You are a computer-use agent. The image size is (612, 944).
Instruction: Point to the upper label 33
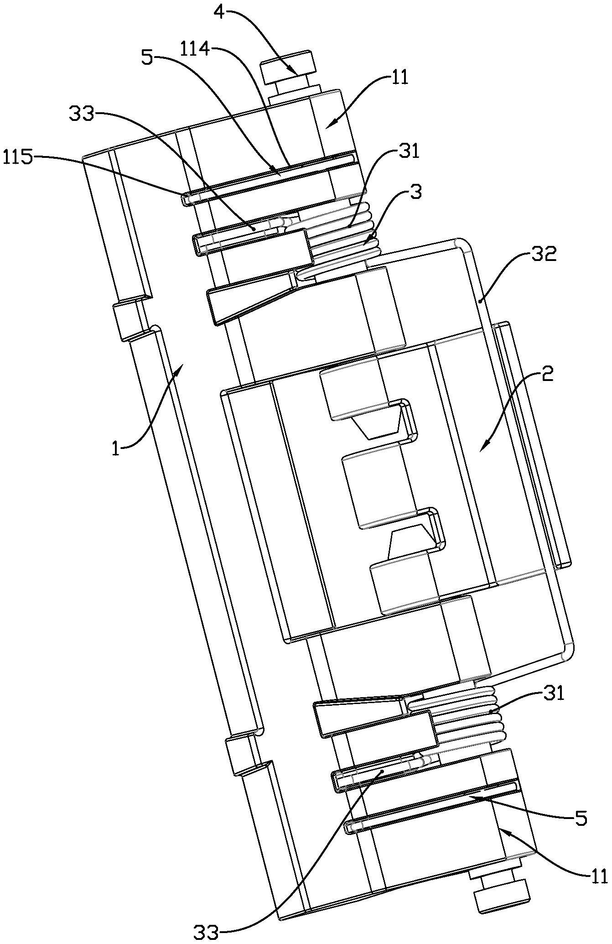pos(82,113)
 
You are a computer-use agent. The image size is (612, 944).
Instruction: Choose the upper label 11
pos(399,77)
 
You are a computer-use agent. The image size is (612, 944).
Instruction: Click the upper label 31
pos(408,151)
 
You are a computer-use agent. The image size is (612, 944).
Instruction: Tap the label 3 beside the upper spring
pos(415,193)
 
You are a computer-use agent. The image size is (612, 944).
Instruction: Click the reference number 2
pos(547,376)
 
